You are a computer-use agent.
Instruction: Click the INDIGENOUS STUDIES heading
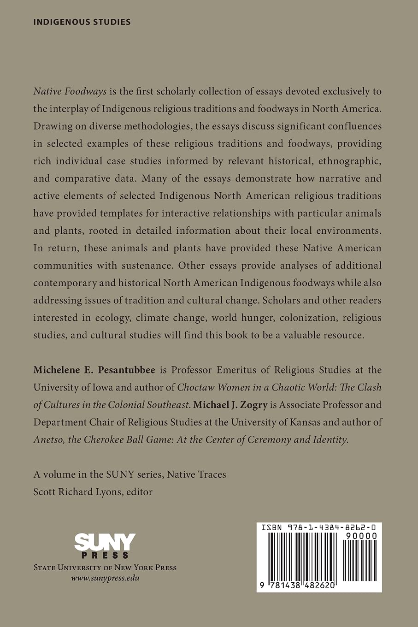(82, 22)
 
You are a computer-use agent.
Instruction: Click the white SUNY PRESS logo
(105, 546)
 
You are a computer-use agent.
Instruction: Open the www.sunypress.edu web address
(105, 578)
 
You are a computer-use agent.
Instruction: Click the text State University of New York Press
(105, 568)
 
